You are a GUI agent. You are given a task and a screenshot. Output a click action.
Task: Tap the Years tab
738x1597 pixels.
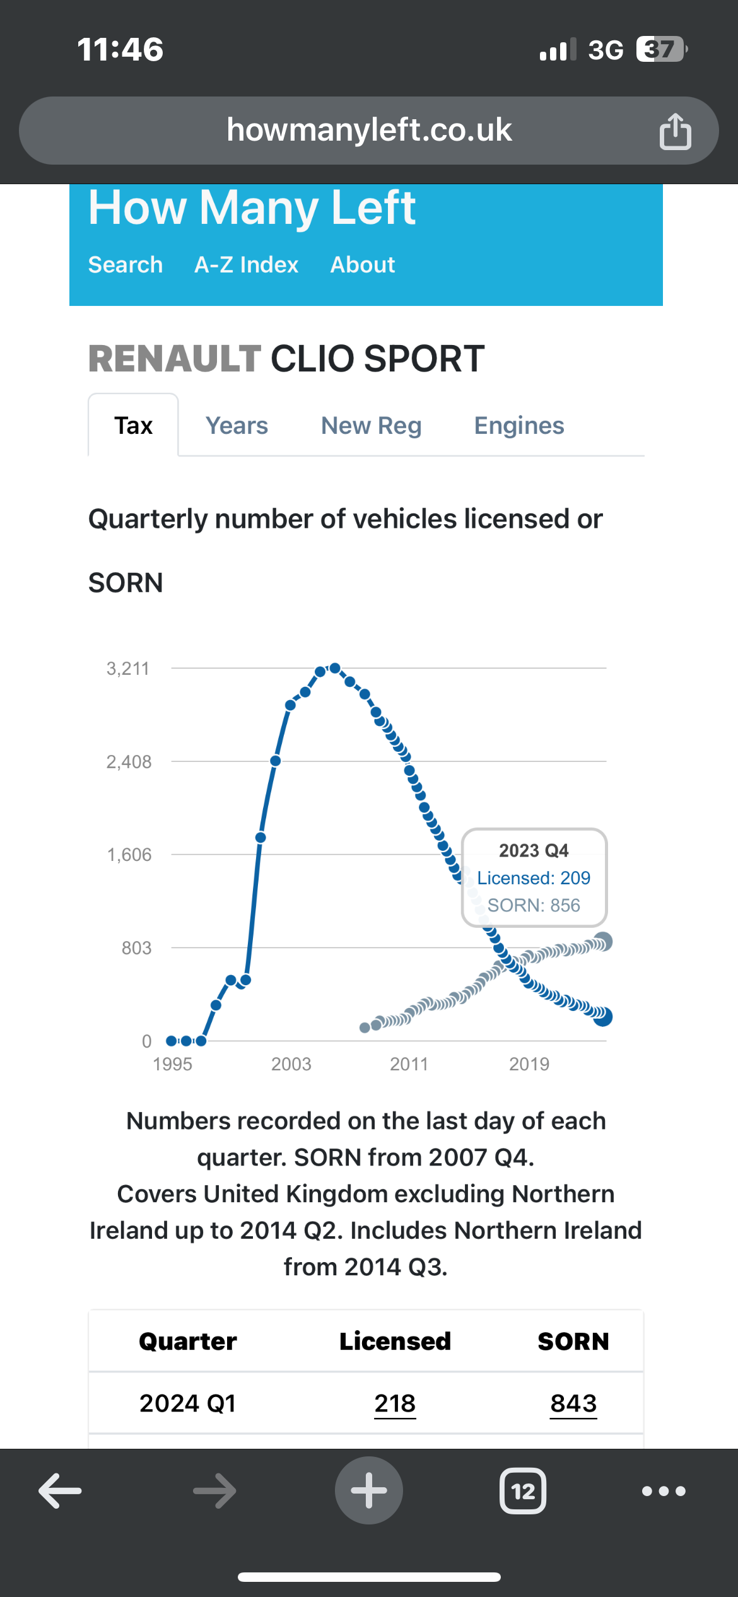coord(237,426)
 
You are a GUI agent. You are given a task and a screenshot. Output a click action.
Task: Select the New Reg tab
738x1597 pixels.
coord(371,426)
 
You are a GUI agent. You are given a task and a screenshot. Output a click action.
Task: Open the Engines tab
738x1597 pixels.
coord(519,426)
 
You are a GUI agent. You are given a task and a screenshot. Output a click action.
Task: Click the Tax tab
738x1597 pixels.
coord(133,426)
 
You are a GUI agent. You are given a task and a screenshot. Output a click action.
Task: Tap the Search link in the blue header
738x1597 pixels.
coord(126,265)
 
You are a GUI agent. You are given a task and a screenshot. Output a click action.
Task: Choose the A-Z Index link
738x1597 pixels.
coord(246,265)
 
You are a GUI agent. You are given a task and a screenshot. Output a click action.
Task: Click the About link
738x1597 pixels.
coord(363,265)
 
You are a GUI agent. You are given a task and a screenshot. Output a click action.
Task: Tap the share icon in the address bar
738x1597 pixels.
coord(675,131)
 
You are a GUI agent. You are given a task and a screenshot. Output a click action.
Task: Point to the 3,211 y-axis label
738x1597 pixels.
coord(128,669)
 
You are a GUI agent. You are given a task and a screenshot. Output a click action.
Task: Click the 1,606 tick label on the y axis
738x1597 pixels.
coord(129,855)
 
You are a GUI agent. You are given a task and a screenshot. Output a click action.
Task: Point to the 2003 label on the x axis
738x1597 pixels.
coord(291,1064)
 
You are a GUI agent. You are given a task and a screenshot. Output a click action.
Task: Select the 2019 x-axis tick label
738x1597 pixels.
coord(529,1064)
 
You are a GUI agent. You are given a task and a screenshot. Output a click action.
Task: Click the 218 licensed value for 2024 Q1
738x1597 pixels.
coord(395,1403)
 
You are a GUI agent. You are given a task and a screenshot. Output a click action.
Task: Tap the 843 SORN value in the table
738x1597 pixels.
coord(573,1403)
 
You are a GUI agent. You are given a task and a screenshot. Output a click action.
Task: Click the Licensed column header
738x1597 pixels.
coord(395,1341)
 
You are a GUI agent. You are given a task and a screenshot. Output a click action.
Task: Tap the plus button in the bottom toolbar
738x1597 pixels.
coord(369,1490)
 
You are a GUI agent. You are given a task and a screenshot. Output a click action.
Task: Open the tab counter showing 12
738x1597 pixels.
coord(523,1491)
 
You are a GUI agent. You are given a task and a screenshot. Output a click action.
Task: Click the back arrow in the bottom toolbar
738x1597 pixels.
coord(61,1491)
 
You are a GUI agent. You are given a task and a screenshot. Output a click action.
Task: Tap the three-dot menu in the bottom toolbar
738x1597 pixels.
coord(664,1491)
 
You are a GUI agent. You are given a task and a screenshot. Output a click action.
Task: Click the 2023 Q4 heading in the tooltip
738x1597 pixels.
coord(534,851)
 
